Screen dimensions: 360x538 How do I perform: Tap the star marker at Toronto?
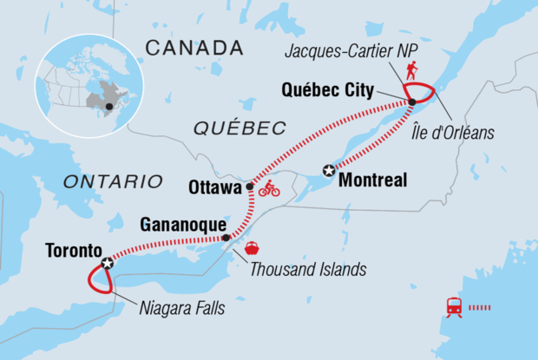click(x=107, y=263)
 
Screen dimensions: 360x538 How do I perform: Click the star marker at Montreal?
click(x=329, y=171)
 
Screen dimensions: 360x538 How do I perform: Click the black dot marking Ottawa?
click(x=250, y=186)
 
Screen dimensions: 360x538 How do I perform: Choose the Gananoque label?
click(x=178, y=225)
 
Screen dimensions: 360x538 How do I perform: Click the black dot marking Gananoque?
click(x=226, y=238)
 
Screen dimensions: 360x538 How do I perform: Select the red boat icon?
click(x=252, y=247)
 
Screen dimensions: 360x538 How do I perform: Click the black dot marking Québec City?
click(x=411, y=102)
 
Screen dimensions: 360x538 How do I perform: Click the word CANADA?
click(x=194, y=46)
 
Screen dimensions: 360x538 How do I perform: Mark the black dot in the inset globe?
click(x=108, y=107)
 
